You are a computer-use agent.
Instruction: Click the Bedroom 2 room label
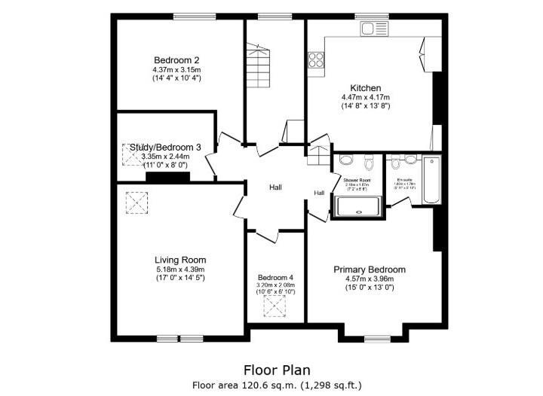(x=176, y=60)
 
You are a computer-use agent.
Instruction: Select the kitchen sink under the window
(x=371, y=29)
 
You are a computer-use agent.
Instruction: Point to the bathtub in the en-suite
(x=431, y=180)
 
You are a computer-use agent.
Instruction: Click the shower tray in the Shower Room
(x=360, y=206)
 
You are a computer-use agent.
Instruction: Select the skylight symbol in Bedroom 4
(x=275, y=305)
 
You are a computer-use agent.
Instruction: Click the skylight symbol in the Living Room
(x=137, y=202)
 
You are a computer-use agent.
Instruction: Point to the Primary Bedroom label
(x=370, y=270)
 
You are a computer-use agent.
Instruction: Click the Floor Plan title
(x=277, y=370)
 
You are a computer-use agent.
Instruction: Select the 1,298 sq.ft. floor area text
(x=331, y=385)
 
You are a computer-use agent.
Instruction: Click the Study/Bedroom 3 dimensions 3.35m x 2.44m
(x=166, y=157)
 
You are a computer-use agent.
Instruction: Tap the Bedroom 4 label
(x=275, y=276)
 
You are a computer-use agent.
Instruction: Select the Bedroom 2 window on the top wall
(x=189, y=17)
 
